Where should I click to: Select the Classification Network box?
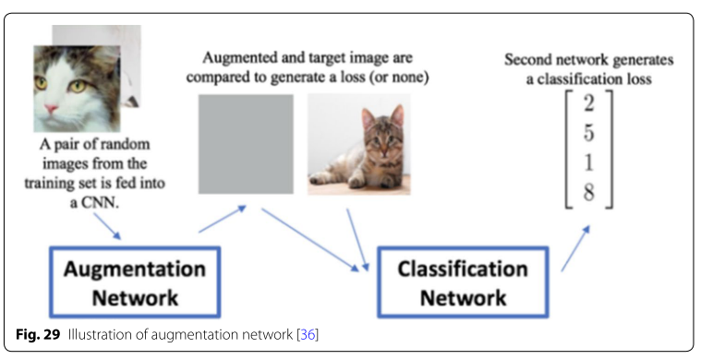[463, 282]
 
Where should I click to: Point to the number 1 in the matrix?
[589, 163]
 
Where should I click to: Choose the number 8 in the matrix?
[589, 195]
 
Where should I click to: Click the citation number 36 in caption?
[309, 333]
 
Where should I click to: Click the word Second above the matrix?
[527, 60]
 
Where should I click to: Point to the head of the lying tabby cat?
[376, 126]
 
